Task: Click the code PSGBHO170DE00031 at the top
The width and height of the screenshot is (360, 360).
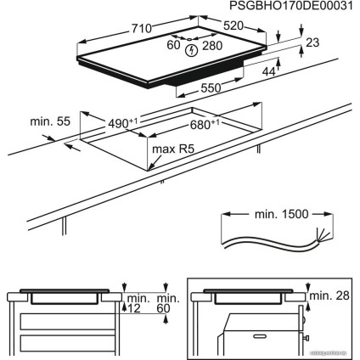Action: click(x=290, y=6)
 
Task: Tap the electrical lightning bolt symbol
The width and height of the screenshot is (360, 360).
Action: click(x=193, y=49)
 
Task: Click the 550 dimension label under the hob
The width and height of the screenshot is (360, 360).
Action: click(x=211, y=87)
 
